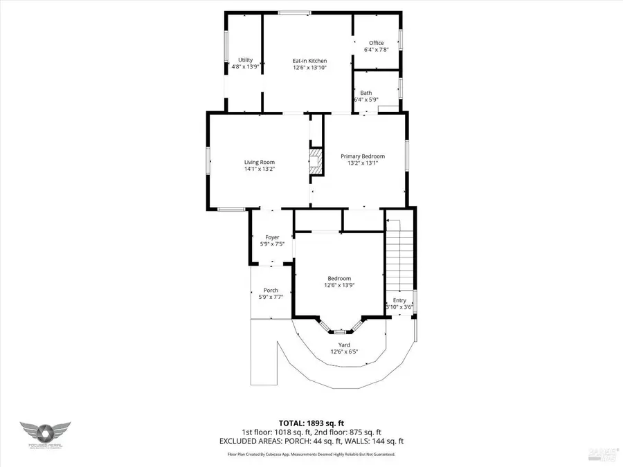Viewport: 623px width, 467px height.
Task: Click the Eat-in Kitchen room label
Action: coord(309,61)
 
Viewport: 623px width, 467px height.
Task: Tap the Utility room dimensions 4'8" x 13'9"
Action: coord(245,67)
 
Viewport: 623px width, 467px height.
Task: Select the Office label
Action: coord(376,43)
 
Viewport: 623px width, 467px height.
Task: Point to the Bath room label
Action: coord(365,93)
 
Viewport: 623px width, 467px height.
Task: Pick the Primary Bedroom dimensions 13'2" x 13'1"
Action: coord(362,163)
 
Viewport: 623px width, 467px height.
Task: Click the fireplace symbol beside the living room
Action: coord(316,161)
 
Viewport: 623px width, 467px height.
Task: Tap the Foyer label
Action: coord(272,237)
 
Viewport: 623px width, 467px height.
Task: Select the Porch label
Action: coord(271,290)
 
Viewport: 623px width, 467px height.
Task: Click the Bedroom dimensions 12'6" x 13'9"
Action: coord(339,285)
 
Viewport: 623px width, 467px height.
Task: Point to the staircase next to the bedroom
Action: coord(400,256)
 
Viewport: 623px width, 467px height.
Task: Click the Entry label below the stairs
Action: coord(399,300)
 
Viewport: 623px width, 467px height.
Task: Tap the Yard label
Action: coord(344,345)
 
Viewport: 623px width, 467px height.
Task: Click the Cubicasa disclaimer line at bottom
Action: coord(311,454)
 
